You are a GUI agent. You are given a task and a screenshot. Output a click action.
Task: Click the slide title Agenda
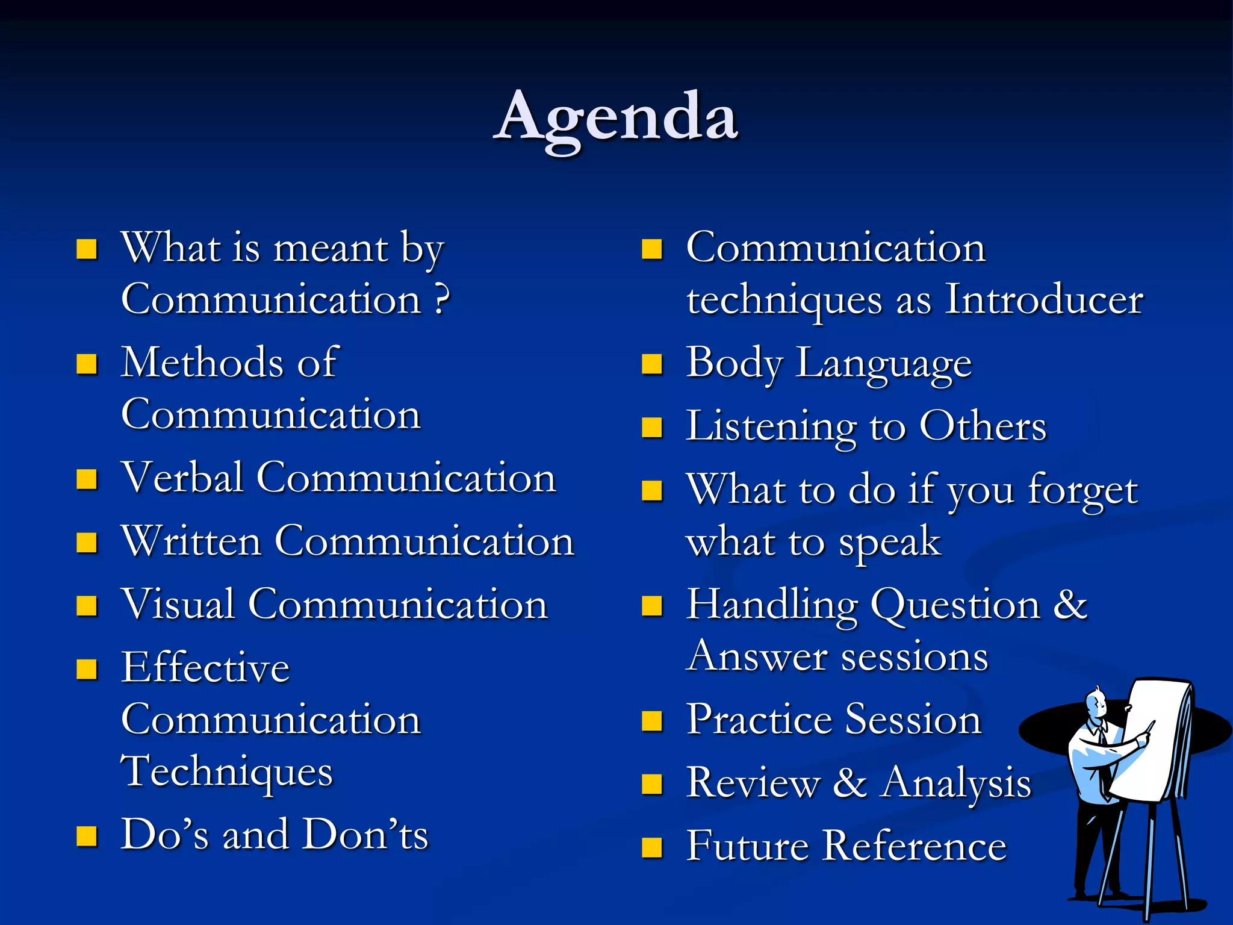616,117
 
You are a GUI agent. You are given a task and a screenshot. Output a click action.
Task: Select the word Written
191,541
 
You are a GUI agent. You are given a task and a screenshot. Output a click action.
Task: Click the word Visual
178,604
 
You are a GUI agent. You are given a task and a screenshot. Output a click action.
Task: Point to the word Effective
205,668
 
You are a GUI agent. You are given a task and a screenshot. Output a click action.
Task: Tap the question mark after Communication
442,299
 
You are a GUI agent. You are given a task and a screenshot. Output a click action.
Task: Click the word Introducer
1044,299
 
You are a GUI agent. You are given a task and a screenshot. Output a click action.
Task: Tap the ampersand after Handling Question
1070,604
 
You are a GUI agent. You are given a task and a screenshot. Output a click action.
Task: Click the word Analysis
957,783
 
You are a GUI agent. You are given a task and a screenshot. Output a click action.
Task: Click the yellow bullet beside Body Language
652,364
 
